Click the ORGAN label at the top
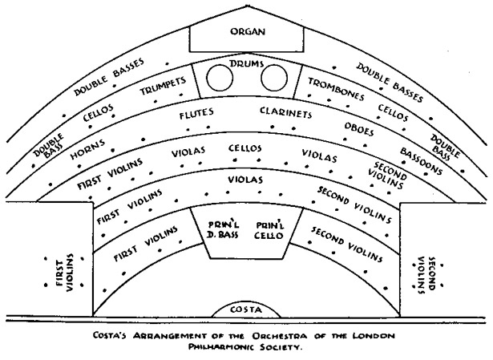(248, 31)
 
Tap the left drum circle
(220, 77)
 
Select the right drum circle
(274, 77)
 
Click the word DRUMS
(247, 63)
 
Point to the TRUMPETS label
(164, 86)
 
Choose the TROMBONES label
(336, 89)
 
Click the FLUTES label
(196, 114)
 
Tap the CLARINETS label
(286, 112)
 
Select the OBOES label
(359, 129)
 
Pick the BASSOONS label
(421, 160)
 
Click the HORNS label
(87, 149)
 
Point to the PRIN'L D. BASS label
(224, 229)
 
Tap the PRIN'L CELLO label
(269, 230)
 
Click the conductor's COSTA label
(246, 309)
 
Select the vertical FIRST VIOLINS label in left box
(65, 273)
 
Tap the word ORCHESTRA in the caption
(280, 336)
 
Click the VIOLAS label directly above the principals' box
(245, 180)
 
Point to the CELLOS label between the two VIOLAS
(245, 148)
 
